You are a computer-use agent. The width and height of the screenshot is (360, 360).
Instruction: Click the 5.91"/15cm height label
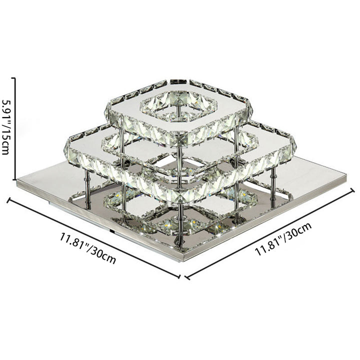coord(5,127)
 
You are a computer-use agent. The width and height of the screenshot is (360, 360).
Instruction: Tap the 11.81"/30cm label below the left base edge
coord(88,248)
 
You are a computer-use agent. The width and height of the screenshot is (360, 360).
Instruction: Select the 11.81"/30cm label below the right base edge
coord(283,239)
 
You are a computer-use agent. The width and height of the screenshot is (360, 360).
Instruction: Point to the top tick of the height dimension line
coord(13,78)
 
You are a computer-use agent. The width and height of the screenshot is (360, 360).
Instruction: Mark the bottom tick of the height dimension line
coord(13,179)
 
